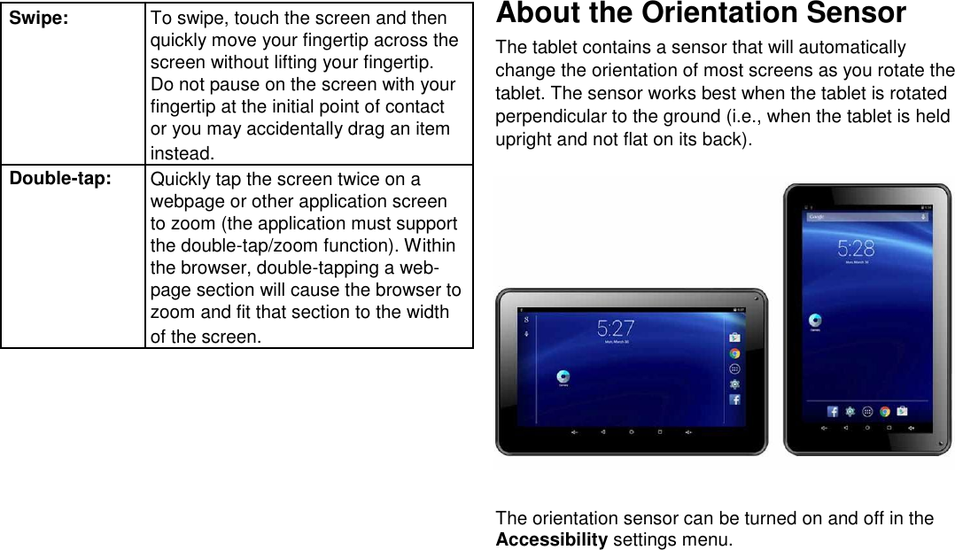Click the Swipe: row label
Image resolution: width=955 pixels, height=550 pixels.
pos(38,19)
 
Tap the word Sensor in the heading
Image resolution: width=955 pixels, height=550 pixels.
pos(852,13)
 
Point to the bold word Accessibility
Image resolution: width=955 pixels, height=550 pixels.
pos(551,539)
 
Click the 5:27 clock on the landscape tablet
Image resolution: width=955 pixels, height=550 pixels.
pos(616,328)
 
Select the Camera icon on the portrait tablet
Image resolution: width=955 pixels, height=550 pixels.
pos(815,321)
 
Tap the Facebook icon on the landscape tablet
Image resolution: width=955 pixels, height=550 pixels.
pos(735,399)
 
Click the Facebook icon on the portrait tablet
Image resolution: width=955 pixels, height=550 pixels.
pos(833,411)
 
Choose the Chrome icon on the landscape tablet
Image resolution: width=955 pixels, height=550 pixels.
pos(735,352)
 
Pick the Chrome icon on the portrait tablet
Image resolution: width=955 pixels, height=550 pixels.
pos(885,411)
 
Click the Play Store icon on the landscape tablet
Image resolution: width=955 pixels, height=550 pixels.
pos(735,337)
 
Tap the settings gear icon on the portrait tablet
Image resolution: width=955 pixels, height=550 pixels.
pos(850,411)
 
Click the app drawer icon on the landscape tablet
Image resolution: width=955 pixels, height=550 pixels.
pos(735,368)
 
